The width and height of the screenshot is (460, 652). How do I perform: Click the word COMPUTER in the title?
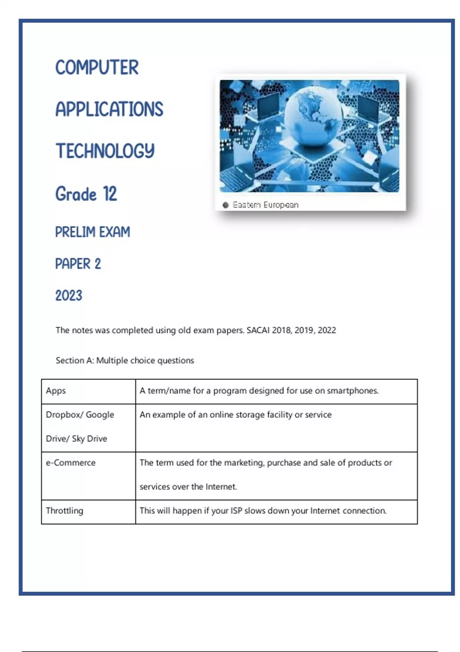(x=97, y=68)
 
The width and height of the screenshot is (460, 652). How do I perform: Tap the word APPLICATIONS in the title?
(x=109, y=110)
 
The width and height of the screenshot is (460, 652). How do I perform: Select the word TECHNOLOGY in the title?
(x=105, y=151)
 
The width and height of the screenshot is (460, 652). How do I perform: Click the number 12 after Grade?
(x=110, y=194)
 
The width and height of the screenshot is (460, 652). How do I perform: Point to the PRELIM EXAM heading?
(x=92, y=232)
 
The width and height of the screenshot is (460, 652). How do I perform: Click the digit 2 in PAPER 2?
(x=98, y=264)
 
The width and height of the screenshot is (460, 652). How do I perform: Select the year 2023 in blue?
(x=69, y=296)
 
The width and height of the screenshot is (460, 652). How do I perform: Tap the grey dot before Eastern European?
(x=225, y=205)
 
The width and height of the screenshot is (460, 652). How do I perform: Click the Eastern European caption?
(x=265, y=205)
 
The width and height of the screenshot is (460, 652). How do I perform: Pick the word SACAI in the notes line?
(x=258, y=330)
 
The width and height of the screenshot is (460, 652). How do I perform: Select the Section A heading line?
(x=125, y=361)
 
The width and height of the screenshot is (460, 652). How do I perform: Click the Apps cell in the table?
(x=56, y=391)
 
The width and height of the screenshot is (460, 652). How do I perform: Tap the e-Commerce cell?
(x=71, y=463)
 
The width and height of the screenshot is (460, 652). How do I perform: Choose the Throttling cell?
(x=64, y=511)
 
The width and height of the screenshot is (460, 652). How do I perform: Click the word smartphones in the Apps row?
(x=352, y=391)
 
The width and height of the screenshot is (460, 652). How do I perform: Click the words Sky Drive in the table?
(x=89, y=439)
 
